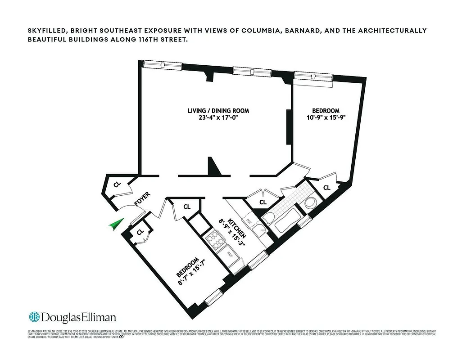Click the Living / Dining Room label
click(218, 111)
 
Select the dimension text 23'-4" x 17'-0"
click(218, 118)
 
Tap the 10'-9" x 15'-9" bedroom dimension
click(326, 118)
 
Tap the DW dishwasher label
click(248, 221)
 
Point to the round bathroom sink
click(311, 203)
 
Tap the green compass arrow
click(115, 224)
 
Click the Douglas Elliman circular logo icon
click(34, 317)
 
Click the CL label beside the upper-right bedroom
click(326, 187)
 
